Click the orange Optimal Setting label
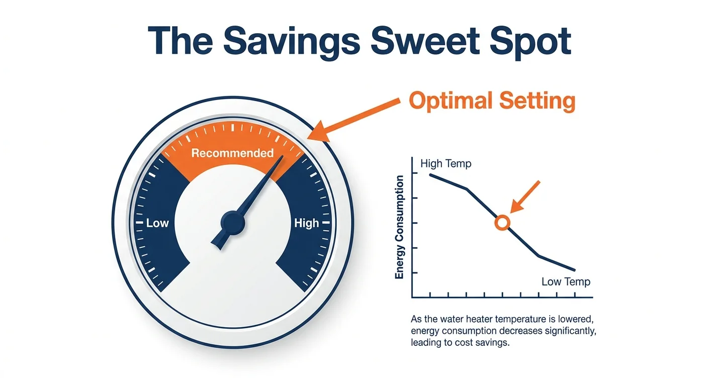click(492, 101)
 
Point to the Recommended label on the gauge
click(232, 153)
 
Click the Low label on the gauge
click(157, 223)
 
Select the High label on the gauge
click(306, 223)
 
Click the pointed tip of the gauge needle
click(283, 157)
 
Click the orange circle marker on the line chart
click(502, 223)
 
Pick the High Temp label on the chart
click(446, 164)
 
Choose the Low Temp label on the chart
click(566, 281)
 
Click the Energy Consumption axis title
click(400, 227)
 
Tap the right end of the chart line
click(574, 270)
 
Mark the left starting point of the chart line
click(430, 174)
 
